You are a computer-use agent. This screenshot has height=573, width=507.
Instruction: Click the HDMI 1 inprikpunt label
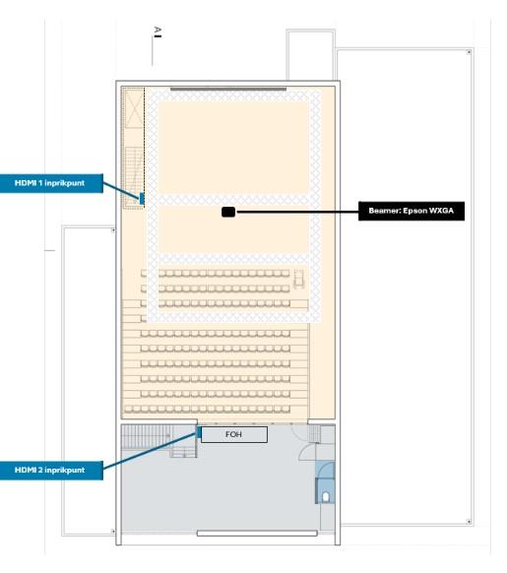(48, 182)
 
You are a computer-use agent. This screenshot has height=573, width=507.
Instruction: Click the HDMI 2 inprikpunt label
(49, 470)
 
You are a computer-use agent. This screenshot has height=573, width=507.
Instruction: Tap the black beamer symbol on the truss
(228, 211)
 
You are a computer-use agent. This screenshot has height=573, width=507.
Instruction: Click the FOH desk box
(233, 433)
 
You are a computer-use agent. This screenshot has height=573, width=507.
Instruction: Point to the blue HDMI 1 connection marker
(143, 199)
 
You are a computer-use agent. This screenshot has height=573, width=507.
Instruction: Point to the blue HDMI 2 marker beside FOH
(199, 432)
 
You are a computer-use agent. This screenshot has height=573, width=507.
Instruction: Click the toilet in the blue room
(326, 497)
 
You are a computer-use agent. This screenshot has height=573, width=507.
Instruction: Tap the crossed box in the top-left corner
(133, 106)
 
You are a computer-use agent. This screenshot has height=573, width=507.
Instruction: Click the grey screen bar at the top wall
(228, 90)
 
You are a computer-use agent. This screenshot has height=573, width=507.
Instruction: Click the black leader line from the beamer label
(295, 211)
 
